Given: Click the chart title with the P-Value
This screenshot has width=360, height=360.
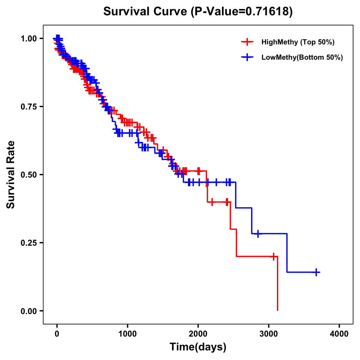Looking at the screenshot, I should click(198, 12).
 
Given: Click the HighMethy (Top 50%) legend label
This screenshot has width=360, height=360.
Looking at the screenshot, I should click(298, 42).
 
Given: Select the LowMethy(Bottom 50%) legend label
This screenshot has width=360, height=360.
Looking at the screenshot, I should click(302, 57).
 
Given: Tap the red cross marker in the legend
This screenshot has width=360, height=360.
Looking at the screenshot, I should click(247, 42).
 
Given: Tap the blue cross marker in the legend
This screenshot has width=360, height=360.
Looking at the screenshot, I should click(247, 57).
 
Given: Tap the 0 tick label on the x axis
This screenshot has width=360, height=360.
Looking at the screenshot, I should click(57, 334).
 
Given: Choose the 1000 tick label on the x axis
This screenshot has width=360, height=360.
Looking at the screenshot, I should click(127, 334).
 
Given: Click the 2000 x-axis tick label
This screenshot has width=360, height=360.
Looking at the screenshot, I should click(198, 334).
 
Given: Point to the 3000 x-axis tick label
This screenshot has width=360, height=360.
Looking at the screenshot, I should click(269, 334).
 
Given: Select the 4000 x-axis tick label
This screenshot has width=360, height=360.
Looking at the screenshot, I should click(339, 334).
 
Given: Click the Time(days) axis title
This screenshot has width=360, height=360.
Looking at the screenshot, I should click(198, 347).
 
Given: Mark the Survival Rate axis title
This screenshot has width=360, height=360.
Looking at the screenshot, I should click(11, 175).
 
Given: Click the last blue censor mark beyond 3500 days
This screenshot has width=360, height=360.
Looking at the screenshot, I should click(316, 272).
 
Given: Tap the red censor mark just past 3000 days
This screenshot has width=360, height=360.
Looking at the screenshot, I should click(273, 256).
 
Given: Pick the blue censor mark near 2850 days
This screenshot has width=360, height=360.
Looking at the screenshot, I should click(258, 233).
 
